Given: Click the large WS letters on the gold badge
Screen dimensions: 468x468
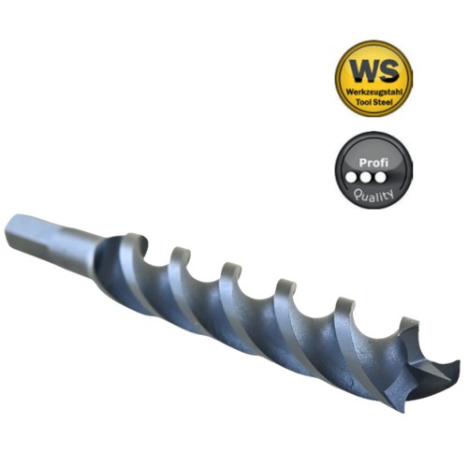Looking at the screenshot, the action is [x=374, y=71].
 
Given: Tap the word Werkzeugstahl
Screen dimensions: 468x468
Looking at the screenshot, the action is [x=374, y=93].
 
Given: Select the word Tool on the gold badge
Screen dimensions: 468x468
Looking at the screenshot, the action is [x=364, y=102].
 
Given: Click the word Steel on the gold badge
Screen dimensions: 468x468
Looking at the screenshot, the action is [x=384, y=102].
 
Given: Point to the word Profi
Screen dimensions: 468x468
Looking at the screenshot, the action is [x=373, y=163].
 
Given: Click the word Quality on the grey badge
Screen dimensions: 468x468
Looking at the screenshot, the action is [x=373, y=196].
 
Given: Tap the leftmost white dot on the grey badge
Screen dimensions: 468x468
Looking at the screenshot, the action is [x=352, y=178].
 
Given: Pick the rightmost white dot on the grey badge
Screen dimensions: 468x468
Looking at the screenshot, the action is [x=380, y=178].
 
